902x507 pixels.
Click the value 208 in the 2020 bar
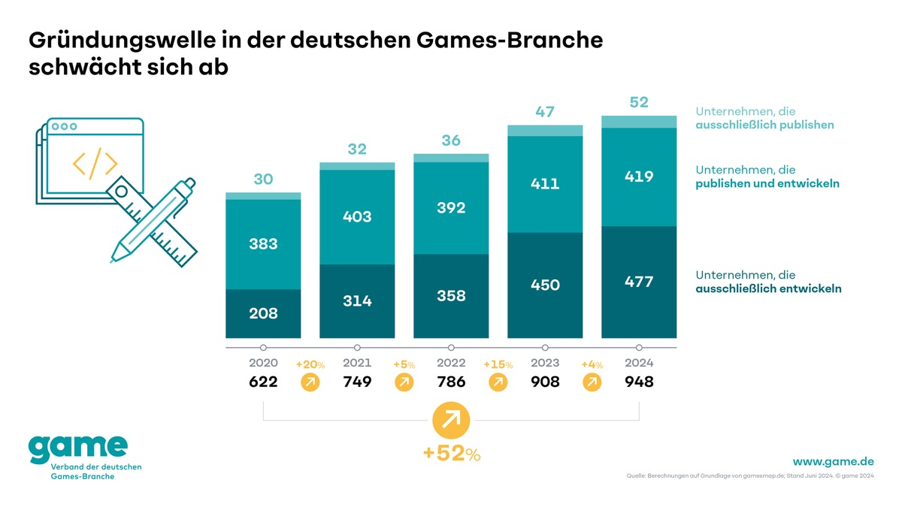click(x=263, y=313)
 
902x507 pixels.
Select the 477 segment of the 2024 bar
click(x=639, y=282)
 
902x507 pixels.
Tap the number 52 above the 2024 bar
click(x=639, y=102)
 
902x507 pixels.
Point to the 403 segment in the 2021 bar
click(x=357, y=216)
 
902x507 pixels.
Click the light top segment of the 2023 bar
click(x=545, y=131)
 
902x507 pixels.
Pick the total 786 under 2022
click(x=451, y=382)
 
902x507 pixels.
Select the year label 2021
click(x=357, y=363)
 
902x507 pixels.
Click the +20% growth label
click(x=310, y=364)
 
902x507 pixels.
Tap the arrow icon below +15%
click(x=498, y=383)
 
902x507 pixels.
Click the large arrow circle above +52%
click(x=451, y=419)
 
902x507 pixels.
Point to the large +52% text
click(x=451, y=454)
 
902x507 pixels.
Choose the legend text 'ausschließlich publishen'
click(x=764, y=125)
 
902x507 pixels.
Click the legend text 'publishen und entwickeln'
click(x=767, y=184)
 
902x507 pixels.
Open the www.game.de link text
click(x=833, y=460)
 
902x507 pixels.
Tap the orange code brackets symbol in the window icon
click(x=95, y=164)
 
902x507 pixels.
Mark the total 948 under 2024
click(x=639, y=382)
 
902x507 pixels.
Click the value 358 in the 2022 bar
click(x=451, y=296)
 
